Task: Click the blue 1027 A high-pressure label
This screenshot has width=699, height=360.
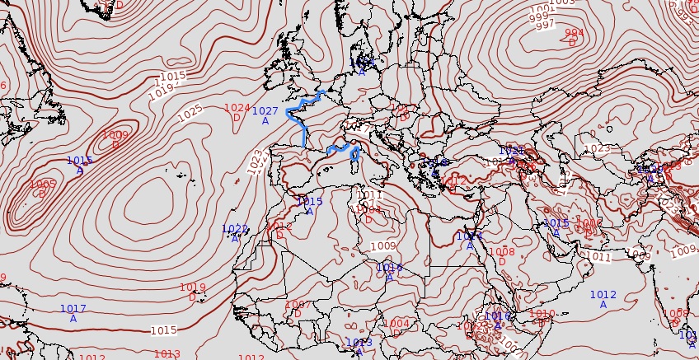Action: pos(265,115)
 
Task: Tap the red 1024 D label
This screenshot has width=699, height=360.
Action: pos(237,112)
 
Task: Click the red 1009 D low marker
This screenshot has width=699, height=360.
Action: pos(115,139)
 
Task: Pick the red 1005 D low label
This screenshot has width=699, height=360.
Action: pos(42,189)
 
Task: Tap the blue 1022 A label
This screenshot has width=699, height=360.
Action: pos(235,233)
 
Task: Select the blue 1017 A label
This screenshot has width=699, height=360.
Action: pos(73,313)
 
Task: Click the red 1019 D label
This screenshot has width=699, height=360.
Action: pos(192,292)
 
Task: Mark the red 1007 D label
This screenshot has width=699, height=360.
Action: pos(298,309)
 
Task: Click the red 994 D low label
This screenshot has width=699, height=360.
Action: pos(574,37)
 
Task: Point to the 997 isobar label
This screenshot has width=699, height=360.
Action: pos(545,26)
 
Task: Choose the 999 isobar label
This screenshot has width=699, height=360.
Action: pos(539,16)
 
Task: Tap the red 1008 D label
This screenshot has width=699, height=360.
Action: pos(501,256)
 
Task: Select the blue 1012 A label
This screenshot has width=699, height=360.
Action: pos(603,299)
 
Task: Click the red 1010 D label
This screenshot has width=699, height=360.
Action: pos(542,318)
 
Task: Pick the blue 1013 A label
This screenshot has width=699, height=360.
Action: pos(359,347)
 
